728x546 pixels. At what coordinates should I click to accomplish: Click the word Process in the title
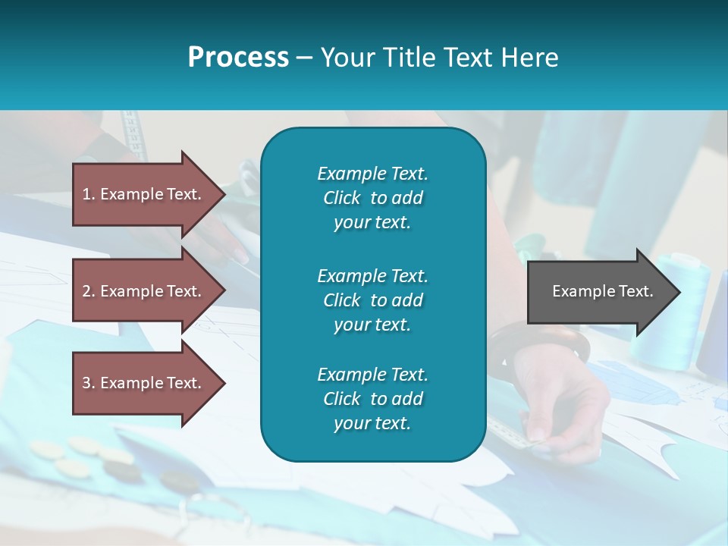point(238,58)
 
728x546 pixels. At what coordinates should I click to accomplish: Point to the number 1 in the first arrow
point(86,194)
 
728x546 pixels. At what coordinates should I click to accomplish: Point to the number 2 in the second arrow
point(86,291)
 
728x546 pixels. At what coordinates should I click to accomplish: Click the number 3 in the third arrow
point(86,383)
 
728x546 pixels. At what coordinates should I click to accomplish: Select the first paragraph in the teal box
point(372,198)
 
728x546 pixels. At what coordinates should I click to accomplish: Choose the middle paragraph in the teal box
point(372,300)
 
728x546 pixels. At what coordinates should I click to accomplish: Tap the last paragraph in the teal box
point(372,399)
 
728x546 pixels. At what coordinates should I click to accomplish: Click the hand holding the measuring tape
point(569,409)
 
